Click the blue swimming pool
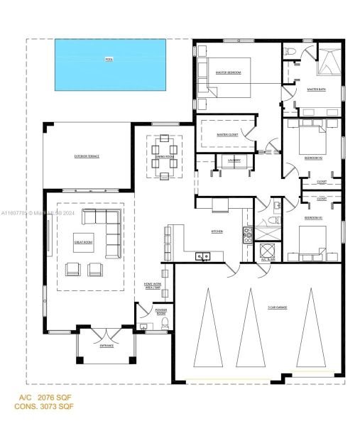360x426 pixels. [111, 60]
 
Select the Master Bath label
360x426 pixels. [317, 89]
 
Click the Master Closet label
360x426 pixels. [227, 135]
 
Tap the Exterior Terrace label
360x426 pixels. [87, 155]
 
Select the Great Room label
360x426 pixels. [84, 243]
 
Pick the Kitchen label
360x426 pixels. [218, 232]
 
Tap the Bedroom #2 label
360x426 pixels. [314, 158]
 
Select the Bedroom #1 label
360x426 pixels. [313, 217]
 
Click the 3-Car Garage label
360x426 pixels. [278, 307]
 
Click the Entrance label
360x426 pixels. [107, 346]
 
